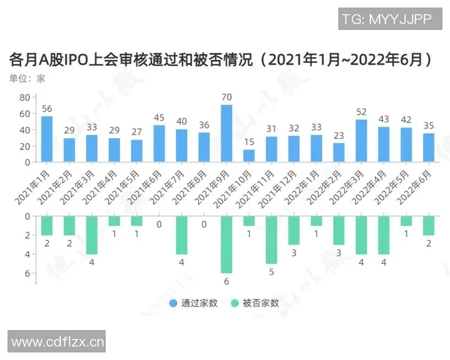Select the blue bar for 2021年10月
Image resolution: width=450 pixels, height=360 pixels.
pyautogui.click(x=249, y=156)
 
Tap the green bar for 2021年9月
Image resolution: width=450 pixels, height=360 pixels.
pyautogui.click(x=226, y=244)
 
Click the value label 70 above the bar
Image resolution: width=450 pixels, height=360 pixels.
pyautogui.click(x=226, y=97)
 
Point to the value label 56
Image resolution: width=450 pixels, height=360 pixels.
pyautogui.click(x=46, y=109)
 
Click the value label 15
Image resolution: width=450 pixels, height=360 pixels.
pyautogui.click(x=249, y=142)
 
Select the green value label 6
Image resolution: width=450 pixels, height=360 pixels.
pyautogui.click(x=226, y=282)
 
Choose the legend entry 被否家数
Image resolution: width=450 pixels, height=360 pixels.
pyautogui.click(x=256, y=304)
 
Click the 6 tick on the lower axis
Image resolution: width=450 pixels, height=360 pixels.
pyautogui.click(x=26, y=273)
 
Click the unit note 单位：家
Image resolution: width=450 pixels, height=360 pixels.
pyautogui.click(x=27, y=78)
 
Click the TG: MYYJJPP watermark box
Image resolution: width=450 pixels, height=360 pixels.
pyautogui.click(x=387, y=20)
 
